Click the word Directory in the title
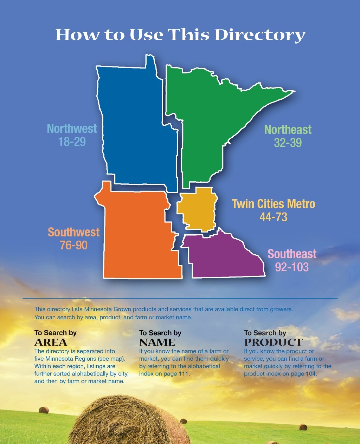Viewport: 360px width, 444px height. pyautogui.click(x=260, y=35)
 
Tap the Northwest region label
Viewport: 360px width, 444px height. pyautogui.click(x=72, y=129)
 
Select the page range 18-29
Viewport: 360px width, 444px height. pyautogui.click(x=72, y=142)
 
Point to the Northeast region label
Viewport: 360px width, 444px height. pyautogui.click(x=288, y=130)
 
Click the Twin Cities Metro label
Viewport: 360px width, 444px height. pyautogui.click(x=273, y=204)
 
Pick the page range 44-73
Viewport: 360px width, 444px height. pyautogui.click(x=273, y=217)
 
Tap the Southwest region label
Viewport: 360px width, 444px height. pyautogui.click(x=73, y=232)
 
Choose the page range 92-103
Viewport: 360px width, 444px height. pyautogui.click(x=292, y=267)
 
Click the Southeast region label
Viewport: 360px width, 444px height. pyautogui.click(x=292, y=254)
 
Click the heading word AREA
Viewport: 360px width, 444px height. pyautogui.click(x=51, y=342)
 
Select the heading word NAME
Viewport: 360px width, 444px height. pyautogui.click(x=157, y=342)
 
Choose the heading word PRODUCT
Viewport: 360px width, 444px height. pyautogui.click(x=274, y=342)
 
